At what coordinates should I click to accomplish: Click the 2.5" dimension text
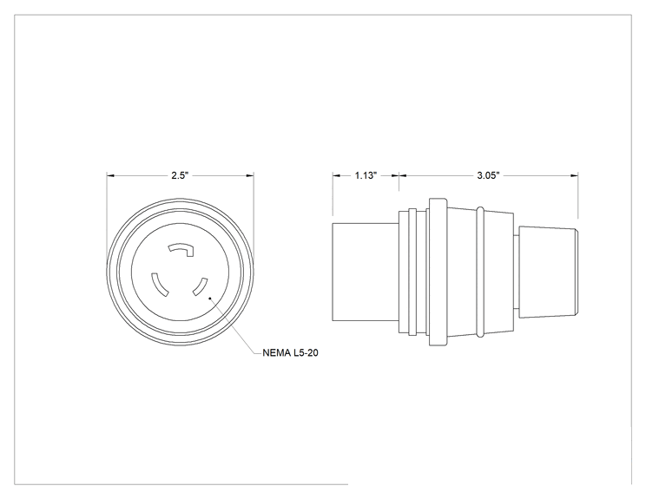click(180, 175)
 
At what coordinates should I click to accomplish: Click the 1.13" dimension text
click(366, 175)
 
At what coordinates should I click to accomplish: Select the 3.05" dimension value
click(488, 175)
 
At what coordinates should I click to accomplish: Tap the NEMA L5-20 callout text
click(291, 353)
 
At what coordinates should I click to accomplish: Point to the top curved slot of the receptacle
click(181, 248)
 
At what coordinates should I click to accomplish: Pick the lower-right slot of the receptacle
click(200, 287)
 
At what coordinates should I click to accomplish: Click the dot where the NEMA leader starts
click(210, 297)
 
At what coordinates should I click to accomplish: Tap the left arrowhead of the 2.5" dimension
click(110, 176)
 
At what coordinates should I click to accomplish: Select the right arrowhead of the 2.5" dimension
click(250, 176)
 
